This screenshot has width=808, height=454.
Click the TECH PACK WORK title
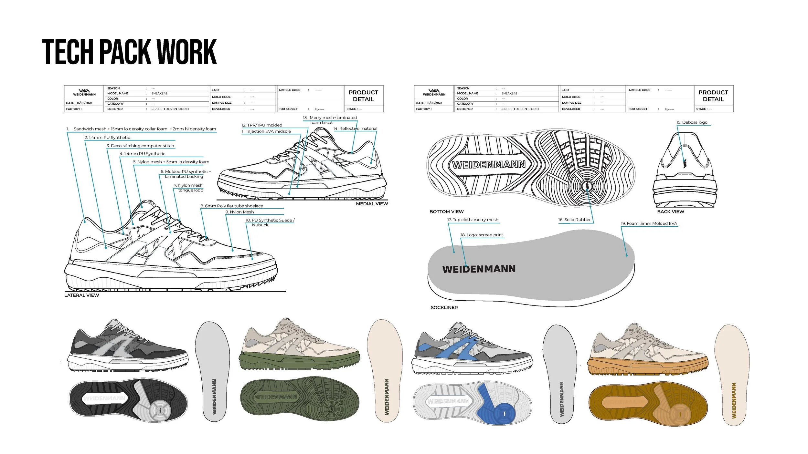[x=129, y=52]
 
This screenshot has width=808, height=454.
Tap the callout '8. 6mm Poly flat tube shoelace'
[x=232, y=206]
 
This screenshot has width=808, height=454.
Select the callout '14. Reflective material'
[x=355, y=129]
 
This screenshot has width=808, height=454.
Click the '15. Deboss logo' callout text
[x=692, y=122]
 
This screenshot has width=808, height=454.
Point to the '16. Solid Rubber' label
[x=574, y=220]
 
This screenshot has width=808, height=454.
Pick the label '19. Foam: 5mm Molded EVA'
[x=649, y=223]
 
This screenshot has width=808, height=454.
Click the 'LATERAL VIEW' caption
[x=81, y=295]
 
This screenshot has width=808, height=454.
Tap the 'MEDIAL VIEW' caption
[x=372, y=204]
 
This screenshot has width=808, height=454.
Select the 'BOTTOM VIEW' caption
[x=446, y=212]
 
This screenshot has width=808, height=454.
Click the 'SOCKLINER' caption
[x=444, y=308]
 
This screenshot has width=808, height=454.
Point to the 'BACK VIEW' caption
[x=671, y=212]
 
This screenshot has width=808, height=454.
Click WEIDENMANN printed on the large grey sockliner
[x=479, y=269]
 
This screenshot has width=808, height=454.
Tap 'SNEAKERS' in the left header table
[x=159, y=93]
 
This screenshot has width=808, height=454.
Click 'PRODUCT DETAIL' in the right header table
[x=713, y=96]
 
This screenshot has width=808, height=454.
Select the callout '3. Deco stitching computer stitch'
[x=140, y=146]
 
